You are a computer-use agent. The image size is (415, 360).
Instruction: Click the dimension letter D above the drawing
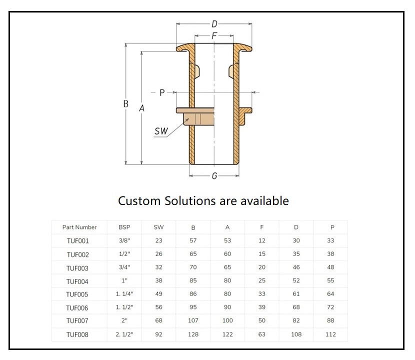[x=214, y=23]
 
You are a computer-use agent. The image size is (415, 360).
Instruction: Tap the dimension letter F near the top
[x=214, y=36]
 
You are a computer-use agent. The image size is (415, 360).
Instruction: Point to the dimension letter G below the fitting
[x=214, y=176]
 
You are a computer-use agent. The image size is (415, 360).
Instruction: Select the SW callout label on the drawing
[x=161, y=131]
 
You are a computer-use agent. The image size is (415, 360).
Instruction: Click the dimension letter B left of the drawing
[x=126, y=104]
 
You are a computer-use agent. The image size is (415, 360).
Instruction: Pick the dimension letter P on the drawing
[x=161, y=92]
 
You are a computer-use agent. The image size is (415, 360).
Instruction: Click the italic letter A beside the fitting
[x=141, y=108]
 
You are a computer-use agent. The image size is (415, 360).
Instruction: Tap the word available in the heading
[x=264, y=200]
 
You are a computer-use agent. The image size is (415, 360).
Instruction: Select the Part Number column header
[x=79, y=227]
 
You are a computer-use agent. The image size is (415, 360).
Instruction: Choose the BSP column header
[x=124, y=227]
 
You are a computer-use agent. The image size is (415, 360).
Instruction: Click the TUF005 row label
[x=77, y=294]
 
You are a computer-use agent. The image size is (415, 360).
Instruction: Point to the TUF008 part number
[x=77, y=334]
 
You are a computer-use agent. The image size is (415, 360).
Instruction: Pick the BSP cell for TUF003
[x=124, y=267]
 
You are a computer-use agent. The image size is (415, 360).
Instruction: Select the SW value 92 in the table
[x=159, y=334]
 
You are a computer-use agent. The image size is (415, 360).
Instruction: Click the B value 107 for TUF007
[x=193, y=321]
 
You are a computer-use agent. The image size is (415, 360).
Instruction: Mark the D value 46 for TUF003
[x=296, y=267]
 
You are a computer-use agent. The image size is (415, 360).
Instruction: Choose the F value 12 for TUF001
[x=262, y=240]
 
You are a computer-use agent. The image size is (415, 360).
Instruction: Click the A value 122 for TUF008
[x=227, y=334]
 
